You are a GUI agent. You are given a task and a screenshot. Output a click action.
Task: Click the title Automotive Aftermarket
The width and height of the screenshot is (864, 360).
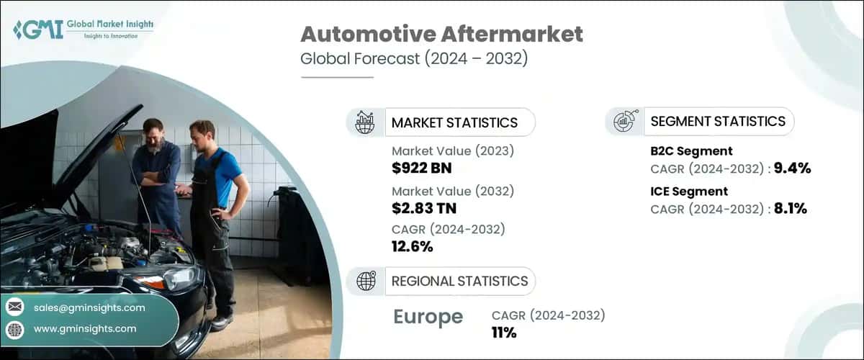coord(441,35)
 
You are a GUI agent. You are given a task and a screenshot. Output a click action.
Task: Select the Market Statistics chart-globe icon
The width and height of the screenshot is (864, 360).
coord(366,122)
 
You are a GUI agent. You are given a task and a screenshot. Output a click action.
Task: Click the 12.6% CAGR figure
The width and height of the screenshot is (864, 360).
coord(413,246)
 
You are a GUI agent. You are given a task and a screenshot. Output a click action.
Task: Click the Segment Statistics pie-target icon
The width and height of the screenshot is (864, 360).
coord(624,122)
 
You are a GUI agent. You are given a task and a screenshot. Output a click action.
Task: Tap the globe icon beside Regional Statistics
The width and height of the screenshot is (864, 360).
coord(366,282)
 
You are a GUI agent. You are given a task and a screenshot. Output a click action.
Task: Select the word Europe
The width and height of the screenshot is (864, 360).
coord(428,317)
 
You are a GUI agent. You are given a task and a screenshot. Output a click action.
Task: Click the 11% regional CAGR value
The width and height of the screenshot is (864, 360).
coord(504,332)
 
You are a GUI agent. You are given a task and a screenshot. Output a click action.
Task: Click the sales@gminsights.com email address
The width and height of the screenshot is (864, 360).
coord(89,307)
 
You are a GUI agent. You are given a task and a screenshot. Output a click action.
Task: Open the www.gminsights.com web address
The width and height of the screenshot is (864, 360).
coord(85,328)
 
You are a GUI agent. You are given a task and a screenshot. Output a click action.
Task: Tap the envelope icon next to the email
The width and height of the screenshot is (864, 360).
coord(14,307)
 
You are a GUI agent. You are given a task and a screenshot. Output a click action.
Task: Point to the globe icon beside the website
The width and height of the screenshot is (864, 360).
coord(14,329)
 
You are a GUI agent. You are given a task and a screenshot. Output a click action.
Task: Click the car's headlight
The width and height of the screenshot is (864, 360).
coord(171,279)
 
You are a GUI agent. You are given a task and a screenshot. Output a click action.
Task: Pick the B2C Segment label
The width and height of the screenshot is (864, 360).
coord(691,151)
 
